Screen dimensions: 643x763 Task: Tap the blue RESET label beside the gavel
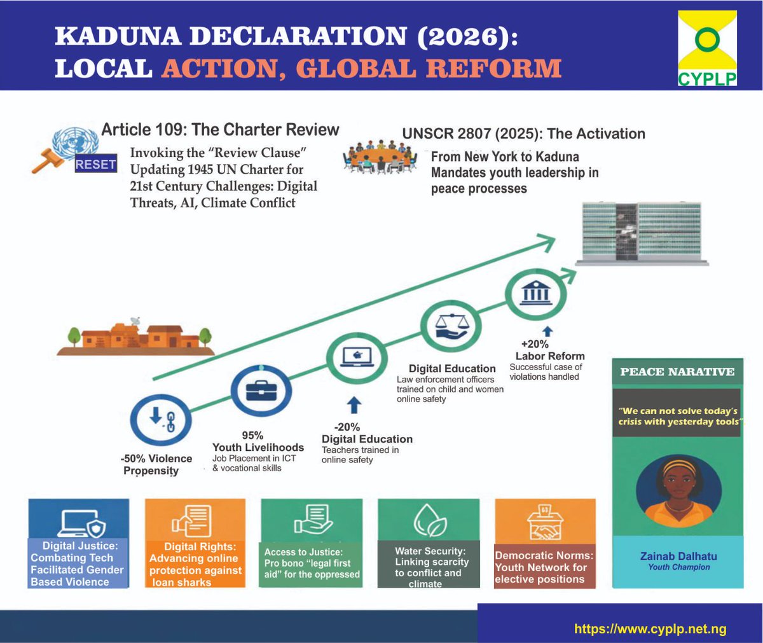95,164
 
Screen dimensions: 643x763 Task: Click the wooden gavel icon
48,160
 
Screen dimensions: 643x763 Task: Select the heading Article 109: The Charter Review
220,130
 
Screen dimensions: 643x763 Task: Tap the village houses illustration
135,336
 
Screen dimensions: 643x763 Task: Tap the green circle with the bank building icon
535,294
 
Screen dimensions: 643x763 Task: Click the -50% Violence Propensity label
156,465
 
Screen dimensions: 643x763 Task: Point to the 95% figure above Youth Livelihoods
252,435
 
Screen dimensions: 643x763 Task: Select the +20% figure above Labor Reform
535,343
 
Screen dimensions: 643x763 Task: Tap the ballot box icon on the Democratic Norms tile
544,522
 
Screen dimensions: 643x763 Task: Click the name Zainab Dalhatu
678,556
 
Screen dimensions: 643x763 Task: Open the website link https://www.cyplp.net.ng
650,629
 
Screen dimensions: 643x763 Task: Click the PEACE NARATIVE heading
677,372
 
